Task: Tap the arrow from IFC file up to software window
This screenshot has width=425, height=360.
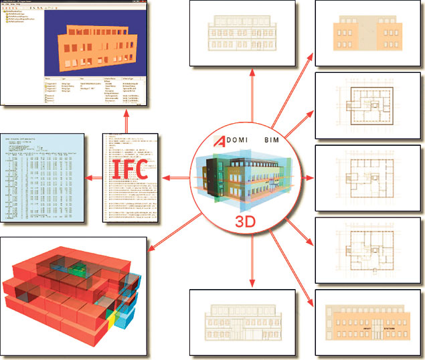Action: (x=129, y=122)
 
